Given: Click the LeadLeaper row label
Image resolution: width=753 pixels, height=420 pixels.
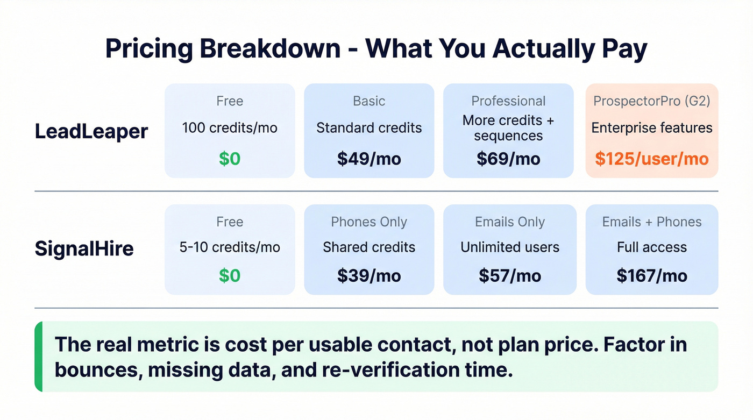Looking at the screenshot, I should click(x=91, y=131).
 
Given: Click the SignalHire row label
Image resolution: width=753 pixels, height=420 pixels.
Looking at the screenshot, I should click(x=84, y=249).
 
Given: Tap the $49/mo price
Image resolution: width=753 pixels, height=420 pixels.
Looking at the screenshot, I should click(x=369, y=159).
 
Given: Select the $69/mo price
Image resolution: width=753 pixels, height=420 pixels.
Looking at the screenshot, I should click(x=508, y=159).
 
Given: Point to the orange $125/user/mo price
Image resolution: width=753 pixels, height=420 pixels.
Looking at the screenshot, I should click(x=651, y=159).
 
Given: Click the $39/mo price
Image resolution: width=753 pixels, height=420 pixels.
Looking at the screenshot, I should click(x=369, y=276).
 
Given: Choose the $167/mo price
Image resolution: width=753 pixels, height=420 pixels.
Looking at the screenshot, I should click(x=651, y=276).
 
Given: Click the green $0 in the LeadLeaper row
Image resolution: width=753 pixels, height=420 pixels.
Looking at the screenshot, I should click(x=230, y=159).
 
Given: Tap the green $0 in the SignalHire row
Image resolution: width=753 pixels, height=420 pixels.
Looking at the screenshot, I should click(x=230, y=276).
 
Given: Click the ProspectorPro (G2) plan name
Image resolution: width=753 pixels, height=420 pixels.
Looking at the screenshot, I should click(x=651, y=101).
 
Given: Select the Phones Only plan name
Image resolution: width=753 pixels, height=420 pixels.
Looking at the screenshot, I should click(x=369, y=222).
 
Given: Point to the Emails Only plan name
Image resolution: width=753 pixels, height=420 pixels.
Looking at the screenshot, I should click(x=509, y=222).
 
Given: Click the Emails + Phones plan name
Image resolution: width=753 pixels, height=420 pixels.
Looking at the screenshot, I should click(x=651, y=222).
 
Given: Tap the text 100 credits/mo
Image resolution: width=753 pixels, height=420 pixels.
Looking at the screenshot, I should click(x=230, y=128).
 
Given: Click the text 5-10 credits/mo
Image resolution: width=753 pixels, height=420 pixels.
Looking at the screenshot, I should click(x=230, y=247).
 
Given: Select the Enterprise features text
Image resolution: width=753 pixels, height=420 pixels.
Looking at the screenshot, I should click(x=651, y=128).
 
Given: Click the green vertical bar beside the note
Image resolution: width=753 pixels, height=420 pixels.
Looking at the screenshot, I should click(x=38, y=357).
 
